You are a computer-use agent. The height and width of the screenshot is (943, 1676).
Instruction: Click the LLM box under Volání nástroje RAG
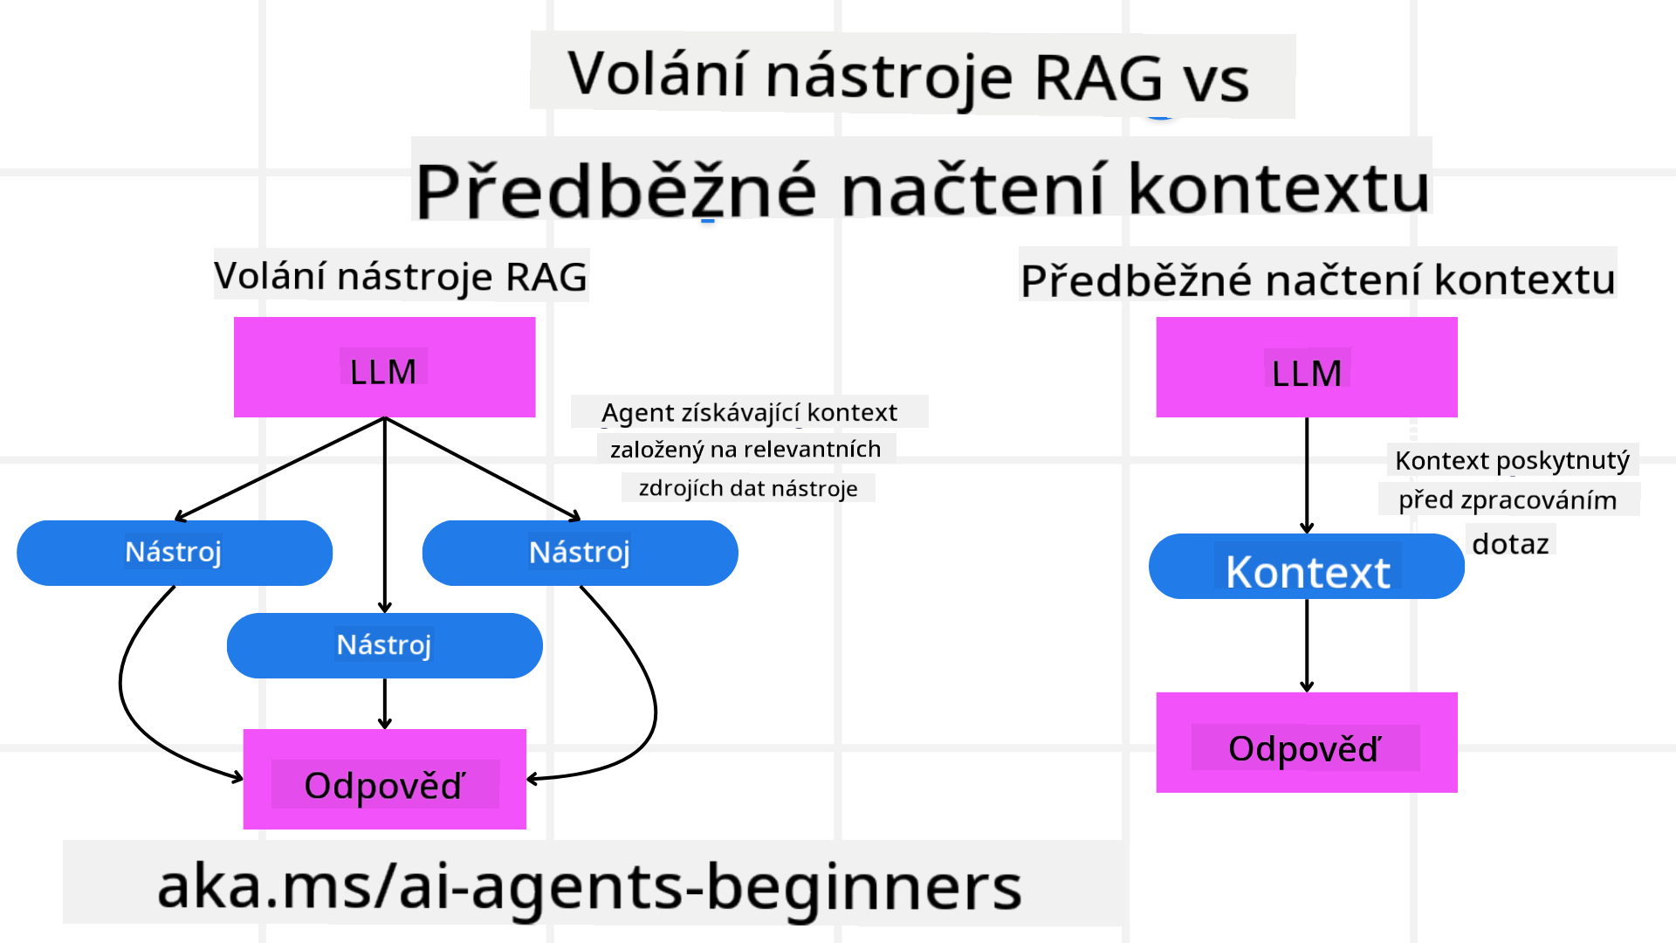[x=384, y=368]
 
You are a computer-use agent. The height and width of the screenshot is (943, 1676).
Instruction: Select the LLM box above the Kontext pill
[x=1306, y=368]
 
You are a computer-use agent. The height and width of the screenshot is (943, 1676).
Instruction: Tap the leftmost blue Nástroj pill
[x=175, y=553]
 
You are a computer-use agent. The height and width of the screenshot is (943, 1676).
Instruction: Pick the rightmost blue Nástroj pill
[x=580, y=553]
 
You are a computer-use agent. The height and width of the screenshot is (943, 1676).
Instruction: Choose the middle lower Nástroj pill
[x=384, y=645]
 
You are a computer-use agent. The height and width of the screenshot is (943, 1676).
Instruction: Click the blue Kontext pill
[x=1306, y=567]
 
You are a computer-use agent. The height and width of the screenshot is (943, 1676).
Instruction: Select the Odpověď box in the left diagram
[x=384, y=779]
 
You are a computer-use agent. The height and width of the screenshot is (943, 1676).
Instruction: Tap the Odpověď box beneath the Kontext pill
[x=1306, y=743]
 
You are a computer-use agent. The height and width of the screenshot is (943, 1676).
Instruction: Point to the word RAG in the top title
[x=1098, y=78]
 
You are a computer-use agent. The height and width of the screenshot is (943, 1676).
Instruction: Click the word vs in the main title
[x=1216, y=80]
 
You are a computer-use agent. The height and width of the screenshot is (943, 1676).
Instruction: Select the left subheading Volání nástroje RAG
[x=401, y=276]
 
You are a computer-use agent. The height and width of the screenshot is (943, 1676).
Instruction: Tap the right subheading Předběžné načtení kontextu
[x=1317, y=279]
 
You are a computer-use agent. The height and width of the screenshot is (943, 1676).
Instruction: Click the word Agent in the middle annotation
[x=638, y=412]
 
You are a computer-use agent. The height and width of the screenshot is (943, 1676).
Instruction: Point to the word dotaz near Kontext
[x=1510, y=544]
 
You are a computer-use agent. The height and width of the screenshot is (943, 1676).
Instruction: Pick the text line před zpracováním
[x=1508, y=500]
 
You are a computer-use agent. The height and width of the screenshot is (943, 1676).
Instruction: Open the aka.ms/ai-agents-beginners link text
[x=589, y=885]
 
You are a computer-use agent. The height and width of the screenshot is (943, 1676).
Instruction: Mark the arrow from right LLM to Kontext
[x=1307, y=476]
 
